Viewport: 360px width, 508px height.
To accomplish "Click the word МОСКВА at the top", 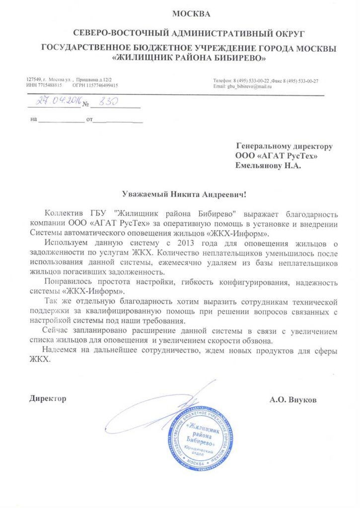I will pos(191,13).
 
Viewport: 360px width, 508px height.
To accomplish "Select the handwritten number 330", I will pos(108,101).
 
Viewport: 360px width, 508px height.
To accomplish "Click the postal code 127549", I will pos(33,80).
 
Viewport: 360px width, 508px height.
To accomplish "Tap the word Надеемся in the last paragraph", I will pos(62,351).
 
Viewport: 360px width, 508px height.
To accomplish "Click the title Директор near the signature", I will pos(48,399).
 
